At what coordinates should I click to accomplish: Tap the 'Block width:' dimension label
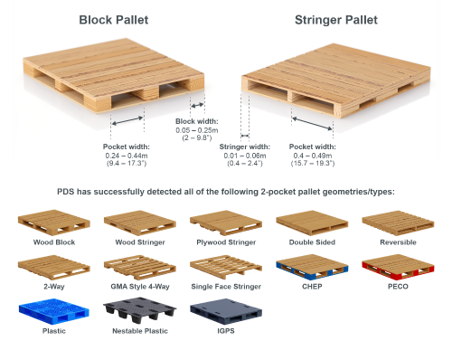tap(196, 120)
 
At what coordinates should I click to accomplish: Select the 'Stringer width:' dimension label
tap(245, 147)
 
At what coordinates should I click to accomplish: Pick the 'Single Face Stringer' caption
tap(226, 287)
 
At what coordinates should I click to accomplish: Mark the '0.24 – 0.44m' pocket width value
tap(125, 156)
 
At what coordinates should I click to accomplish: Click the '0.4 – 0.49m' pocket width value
tap(310, 156)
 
